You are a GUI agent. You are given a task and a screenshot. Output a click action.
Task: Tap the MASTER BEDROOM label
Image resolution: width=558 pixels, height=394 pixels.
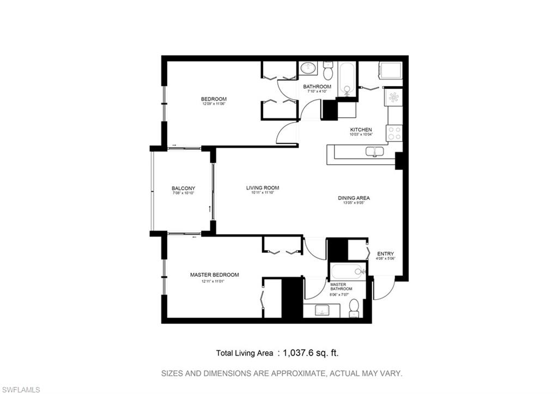pyautogui.click(x=214, y=275)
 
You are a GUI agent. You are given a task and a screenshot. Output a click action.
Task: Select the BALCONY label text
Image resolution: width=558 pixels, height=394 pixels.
pyautogui.click(x=183, y=189)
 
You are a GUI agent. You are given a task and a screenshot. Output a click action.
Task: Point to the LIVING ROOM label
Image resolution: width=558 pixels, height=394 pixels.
pyautogui.click(x=262, y=187)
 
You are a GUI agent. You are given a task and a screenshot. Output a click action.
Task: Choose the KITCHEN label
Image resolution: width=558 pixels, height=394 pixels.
pyautogui.click(x=361, y=130)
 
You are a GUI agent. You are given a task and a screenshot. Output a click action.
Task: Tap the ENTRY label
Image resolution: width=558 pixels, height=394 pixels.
pyautogui.click(x=385, y=253)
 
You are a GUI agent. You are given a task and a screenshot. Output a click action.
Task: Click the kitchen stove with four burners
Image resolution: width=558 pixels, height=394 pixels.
pyautogui.click(x=394, y=132)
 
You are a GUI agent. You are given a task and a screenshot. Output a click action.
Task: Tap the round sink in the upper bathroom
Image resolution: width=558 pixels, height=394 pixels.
pyautogui.click(x=308, y=69)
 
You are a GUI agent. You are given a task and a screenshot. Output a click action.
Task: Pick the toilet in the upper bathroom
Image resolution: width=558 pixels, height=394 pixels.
pyautogui.click(x=328, y=71)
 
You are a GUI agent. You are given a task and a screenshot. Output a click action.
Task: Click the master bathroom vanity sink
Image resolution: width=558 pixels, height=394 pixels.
pyautogui.click(x=322, y=311)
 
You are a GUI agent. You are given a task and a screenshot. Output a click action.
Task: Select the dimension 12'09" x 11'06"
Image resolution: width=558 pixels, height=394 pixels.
pyautogui.click(x=214, y=104)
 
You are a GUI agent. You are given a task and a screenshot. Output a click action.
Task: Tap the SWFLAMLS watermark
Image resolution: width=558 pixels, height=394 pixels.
pyautogui.click(x=20, y=389)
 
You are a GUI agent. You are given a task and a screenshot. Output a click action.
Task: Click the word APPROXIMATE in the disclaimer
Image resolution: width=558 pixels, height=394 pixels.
pyautogui.click(x=293, y=374)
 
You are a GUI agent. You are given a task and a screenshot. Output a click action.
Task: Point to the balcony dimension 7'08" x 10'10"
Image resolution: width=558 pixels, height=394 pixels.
pyautogui.click(x=184, y=193)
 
